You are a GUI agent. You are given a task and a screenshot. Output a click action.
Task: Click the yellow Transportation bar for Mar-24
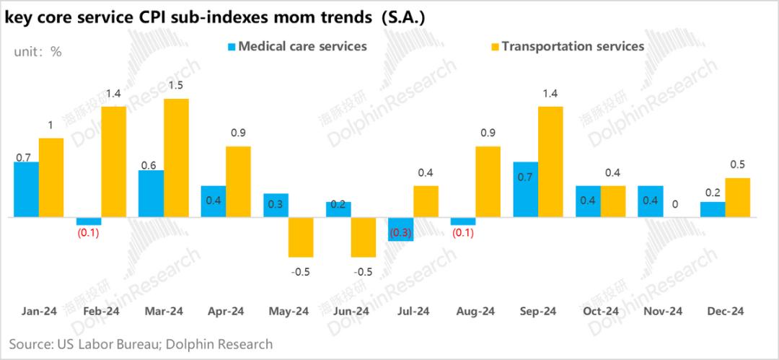(x=176, y=157)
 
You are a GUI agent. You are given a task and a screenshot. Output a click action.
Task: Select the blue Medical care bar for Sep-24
(x=525, y=189)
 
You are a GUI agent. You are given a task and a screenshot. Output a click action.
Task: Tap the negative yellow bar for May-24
(x=301, y=237)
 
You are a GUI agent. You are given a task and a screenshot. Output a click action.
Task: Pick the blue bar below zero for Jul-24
(x=400, y=229)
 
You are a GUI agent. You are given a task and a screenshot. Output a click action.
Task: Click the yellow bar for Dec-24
(x=737, y=197)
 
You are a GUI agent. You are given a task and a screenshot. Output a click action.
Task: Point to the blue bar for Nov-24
(x=651, y=201)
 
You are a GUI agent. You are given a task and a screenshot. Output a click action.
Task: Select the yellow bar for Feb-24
(x=114, y=162)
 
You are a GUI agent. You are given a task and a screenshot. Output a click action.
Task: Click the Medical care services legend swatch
(x=232, y=47)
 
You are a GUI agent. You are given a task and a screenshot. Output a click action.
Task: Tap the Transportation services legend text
(x=572, y=46)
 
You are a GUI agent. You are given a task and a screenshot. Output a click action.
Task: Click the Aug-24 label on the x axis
(x=476, y=311)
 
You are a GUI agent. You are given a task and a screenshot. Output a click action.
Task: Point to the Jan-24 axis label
(x=40, y=311)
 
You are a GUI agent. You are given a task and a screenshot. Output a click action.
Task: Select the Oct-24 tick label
(x=601, y=311)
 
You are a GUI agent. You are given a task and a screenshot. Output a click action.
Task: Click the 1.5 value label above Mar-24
(x=175, y=86)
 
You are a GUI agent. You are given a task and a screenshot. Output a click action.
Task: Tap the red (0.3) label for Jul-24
(x=402, y=233)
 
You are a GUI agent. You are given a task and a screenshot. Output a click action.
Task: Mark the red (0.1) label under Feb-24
(x=89, y=233)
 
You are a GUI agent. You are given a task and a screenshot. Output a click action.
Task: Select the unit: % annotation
(x=38, y=51)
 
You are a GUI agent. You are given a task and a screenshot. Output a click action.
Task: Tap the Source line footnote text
(x=141, y=344)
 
